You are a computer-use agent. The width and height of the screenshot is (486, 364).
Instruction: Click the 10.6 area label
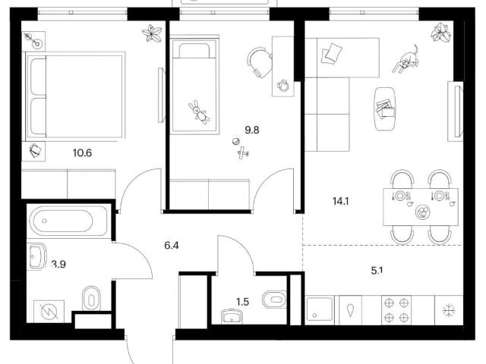tap(83, 152)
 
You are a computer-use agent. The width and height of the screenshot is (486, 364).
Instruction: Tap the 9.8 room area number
tap(252, 130)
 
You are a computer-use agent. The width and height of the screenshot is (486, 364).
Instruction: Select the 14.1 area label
tap(341, 202)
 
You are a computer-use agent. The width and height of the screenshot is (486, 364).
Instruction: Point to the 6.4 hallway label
tap(172, 246)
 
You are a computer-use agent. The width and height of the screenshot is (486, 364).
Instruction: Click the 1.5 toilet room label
tap(243, 302)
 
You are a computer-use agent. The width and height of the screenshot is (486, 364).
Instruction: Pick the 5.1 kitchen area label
tap(377, 271)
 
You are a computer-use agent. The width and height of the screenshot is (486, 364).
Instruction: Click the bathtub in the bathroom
tap(61, 221)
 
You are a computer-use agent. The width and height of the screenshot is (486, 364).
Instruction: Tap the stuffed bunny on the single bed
tap(199, 111)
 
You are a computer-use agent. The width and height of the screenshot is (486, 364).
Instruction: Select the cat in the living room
tap(406, 59)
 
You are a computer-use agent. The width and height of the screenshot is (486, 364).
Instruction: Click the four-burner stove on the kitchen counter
tap(396, 310)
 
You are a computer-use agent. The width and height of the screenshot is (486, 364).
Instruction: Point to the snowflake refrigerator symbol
tap(449, 310)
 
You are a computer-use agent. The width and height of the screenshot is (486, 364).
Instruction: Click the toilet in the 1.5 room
tap(274, 300)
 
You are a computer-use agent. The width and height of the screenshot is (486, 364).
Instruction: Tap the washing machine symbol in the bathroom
tap(49, 312)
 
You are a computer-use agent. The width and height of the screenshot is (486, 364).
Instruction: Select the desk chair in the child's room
tap(260, 62)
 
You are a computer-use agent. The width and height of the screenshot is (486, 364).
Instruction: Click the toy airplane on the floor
tap(243, 152)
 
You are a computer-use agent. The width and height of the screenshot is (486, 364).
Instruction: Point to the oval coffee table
tap(385, 108)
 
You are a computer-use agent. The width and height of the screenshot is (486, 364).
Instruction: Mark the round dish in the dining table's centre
tap(422, 212)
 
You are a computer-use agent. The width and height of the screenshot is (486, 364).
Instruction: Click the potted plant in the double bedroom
tap(152, 33)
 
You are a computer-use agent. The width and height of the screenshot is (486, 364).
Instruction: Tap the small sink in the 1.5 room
tap(232, 317)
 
